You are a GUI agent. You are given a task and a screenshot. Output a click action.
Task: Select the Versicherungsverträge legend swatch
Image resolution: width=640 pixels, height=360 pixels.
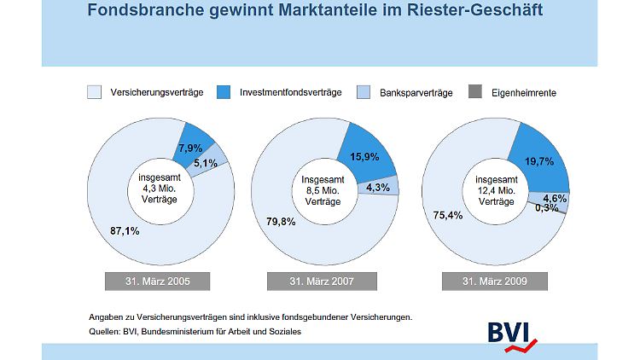[95, 91]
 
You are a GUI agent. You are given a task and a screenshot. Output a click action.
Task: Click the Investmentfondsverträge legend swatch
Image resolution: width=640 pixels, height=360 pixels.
[225, 91]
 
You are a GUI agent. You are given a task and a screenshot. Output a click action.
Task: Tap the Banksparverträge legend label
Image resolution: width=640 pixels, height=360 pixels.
[407, 91]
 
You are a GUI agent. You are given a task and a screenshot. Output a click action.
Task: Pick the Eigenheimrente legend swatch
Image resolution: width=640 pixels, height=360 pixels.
[474, 91]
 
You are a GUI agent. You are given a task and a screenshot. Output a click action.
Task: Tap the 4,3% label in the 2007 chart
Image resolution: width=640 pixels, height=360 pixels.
[376, 188]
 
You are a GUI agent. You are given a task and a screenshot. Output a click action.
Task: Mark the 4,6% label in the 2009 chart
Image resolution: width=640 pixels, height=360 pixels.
[555, 197]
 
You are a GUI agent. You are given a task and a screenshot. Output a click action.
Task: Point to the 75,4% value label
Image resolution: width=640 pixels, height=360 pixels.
[450, 215]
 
